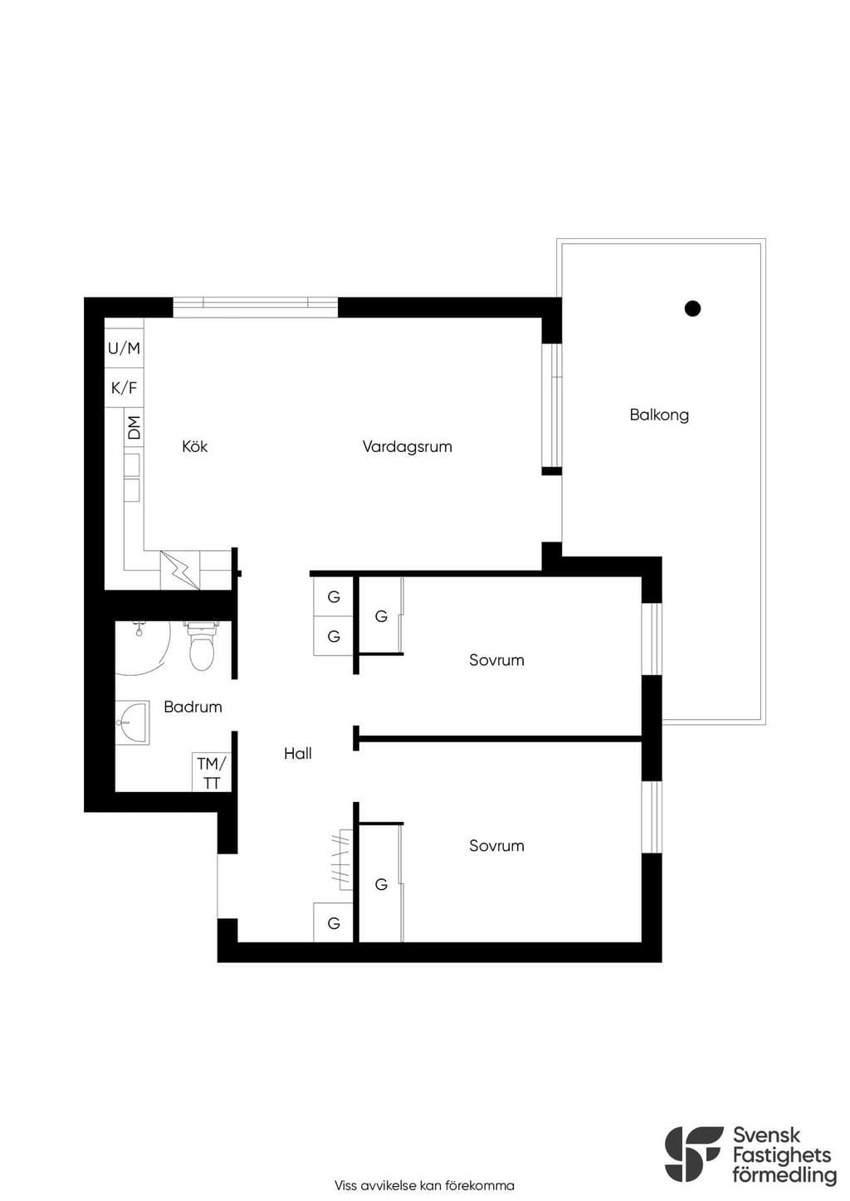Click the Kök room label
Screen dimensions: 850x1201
(x=194, y=446)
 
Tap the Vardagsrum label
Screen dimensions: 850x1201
(x=407, y=446)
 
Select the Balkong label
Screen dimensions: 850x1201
(x=659, y=415)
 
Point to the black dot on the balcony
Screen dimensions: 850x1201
(x=692, y=309)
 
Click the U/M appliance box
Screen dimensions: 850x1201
(x=124, y=348)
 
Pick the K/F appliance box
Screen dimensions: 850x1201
(x=124, y=387)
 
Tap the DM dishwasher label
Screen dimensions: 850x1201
(x=134, y=427)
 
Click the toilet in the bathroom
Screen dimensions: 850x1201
(x=201, y=645)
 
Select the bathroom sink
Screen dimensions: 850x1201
(x=133, y=722)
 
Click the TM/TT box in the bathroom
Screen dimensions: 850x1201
(x=212, y=772)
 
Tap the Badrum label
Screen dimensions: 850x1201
(x=193, y=707)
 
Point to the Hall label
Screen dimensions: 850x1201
(x=298, y=753)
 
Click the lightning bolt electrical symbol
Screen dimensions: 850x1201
(x=180, y=571)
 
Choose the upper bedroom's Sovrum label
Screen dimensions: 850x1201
(x=496, y=659)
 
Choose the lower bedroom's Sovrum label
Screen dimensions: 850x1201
(x=496, y=845)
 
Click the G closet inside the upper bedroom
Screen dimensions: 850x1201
(x=381, y=616)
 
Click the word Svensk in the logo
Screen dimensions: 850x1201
(x=766, y=1135)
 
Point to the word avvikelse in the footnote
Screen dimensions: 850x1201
(x=385, y=1185)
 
